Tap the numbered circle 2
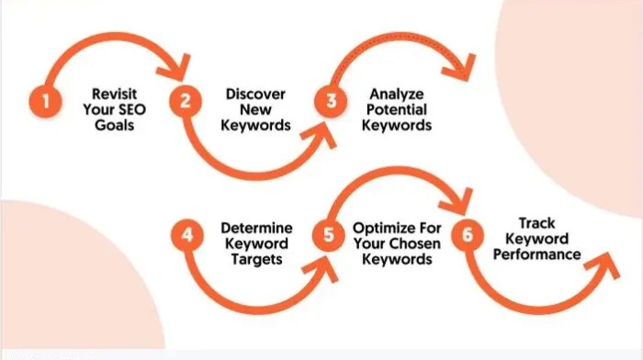point(186,102)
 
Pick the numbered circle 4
point(186,235)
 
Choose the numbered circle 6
point(468,235)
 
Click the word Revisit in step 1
point(114,93)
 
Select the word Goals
point(114,125)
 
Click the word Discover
point(256,93)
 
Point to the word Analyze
point(396,93)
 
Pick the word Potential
point(396,109)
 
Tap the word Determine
point(255,227)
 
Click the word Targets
point(255,260)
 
